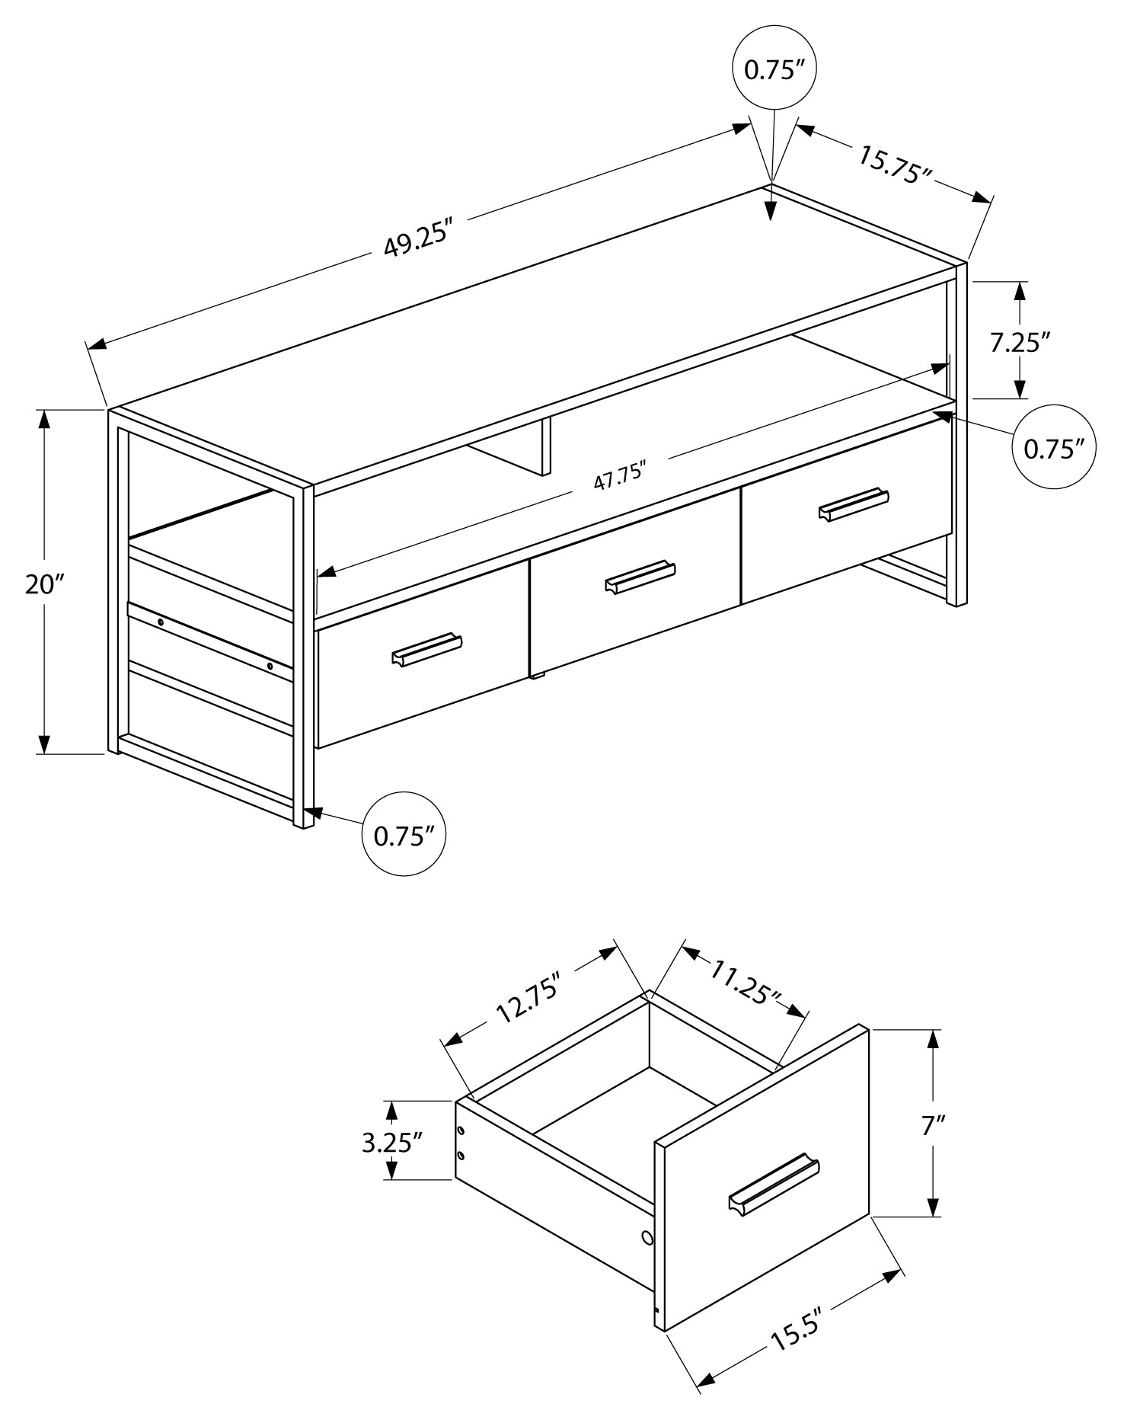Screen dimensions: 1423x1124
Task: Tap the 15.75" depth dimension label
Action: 895,164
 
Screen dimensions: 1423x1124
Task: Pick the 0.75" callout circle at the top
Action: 774,69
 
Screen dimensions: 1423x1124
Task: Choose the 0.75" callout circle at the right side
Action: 1053,449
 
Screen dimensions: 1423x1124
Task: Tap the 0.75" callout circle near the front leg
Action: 403,836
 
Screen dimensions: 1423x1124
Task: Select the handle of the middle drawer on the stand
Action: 640,577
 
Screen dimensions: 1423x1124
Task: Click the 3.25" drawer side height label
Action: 391,1141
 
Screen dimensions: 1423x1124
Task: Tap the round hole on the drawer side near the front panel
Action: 647,1239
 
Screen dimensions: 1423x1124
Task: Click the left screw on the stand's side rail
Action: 161,622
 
